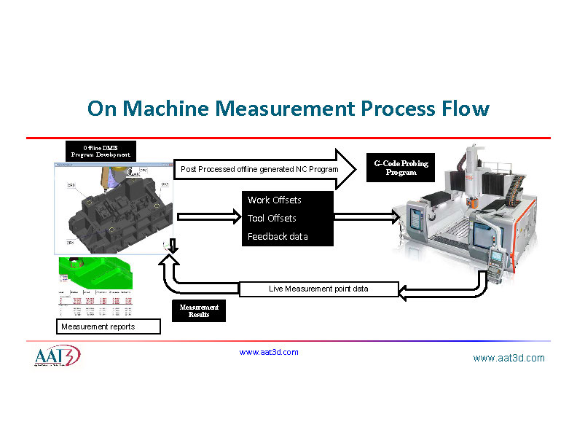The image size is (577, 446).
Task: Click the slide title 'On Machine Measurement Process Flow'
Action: (288, 109)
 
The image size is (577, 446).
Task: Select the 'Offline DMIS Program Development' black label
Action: (101, 151)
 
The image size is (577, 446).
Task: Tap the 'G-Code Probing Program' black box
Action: (401, 168)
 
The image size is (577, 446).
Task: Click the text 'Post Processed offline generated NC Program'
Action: (259, 169)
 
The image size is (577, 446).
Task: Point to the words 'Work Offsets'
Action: (274, 200)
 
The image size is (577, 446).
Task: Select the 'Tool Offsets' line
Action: (272, 219)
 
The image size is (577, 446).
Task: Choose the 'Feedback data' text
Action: (278, 237)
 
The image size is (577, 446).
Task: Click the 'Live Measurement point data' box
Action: (319, 289)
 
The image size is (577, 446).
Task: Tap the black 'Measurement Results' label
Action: (199, 311)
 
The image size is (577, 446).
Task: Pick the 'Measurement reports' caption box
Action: (108, 326)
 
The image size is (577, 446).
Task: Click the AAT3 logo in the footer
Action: (57, 357)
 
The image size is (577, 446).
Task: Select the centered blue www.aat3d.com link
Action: (269, 352)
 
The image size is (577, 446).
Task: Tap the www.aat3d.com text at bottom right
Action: (509, 358)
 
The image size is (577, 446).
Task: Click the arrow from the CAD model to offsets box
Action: (208, 216)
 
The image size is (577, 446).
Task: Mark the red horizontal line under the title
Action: (288, 138)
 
